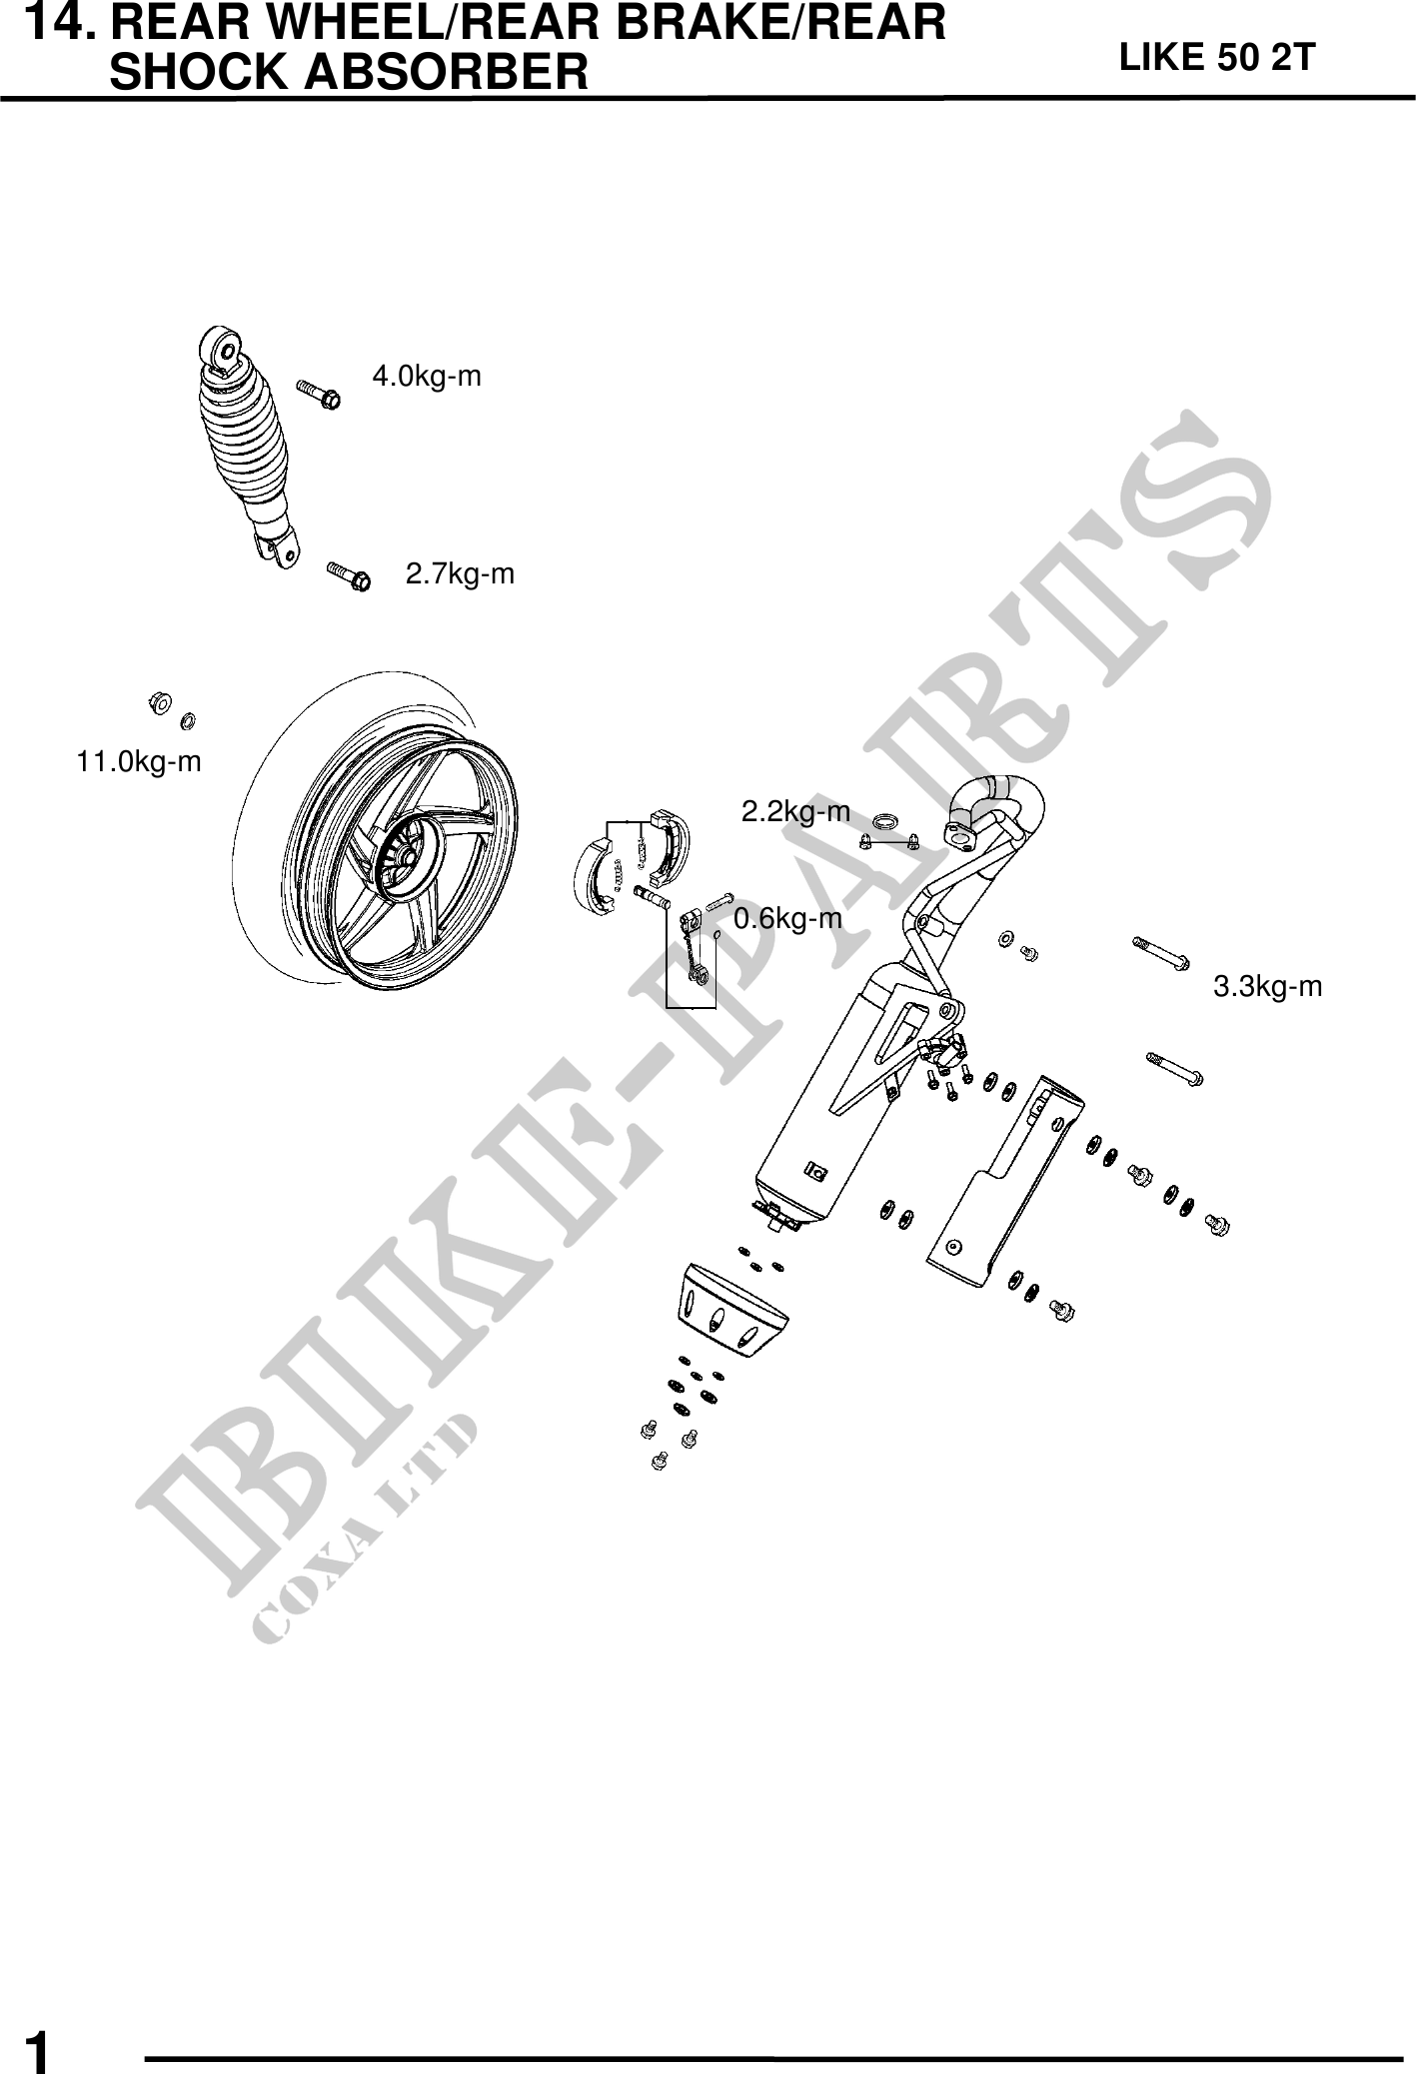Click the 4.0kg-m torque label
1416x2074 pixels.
click(427, 377)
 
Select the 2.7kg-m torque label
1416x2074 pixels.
click(460, 574)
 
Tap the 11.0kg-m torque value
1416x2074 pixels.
click(139, 762)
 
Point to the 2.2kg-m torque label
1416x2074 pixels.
click(795, 812)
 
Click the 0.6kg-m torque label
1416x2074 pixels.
click(787, 919)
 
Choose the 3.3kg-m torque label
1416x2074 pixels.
click(1267, 987)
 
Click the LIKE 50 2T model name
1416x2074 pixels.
click(1217, 58)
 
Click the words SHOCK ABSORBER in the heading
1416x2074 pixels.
click(349, 72)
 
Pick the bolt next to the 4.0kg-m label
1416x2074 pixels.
click(319, 395)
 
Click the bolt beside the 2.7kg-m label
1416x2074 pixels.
click(349, 576)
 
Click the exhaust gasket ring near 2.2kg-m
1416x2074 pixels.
click(884, 822)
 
